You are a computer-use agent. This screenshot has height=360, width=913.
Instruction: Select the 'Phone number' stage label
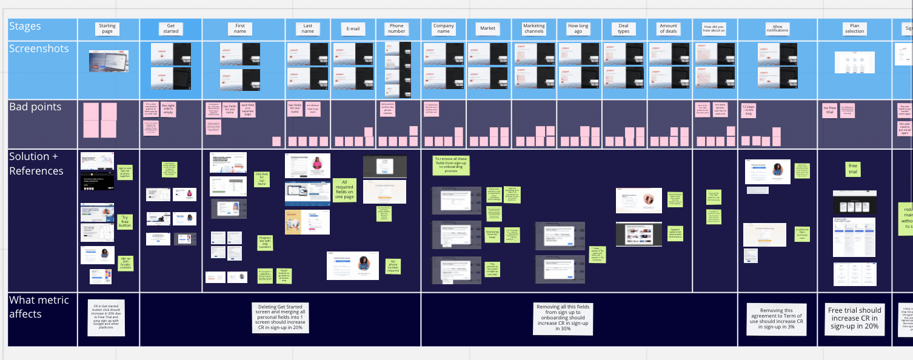tap(396, 28)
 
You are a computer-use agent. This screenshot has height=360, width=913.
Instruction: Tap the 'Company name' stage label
tap(443, 28)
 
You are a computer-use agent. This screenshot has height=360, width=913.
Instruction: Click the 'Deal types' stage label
tap(623, 28)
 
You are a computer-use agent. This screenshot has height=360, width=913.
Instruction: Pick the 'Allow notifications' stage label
tap(778, 28)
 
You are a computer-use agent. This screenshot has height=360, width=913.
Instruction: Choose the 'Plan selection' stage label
tap(854, 28)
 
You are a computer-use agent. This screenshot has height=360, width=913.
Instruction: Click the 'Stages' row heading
tap(25, 27)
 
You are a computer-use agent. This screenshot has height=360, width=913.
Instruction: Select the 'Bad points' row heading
tap(35, 107)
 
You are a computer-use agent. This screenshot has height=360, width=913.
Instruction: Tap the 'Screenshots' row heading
tap(39, 48)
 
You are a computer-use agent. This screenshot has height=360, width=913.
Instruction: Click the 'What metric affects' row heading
tap(39, 307)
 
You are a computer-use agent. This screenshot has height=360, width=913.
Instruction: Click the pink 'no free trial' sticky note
tap(829, 110)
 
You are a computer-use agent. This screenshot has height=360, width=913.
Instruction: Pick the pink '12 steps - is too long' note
tap(747, 110)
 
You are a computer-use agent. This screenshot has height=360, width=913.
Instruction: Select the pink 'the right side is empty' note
tap(168, 109)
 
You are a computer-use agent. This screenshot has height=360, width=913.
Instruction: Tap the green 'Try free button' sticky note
tap(125, 222)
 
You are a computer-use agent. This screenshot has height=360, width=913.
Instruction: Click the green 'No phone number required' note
tap(392, 266)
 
